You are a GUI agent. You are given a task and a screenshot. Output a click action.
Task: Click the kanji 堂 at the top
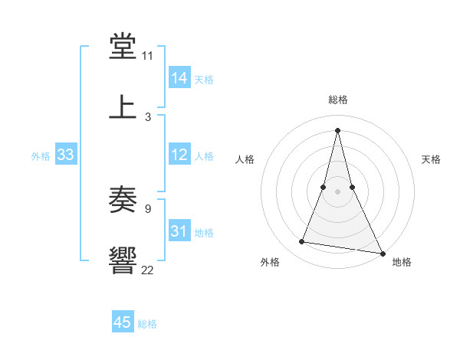(123, 47)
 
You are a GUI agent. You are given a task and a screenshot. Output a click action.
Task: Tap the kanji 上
(123, 106)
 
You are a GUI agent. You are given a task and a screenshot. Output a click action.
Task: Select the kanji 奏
(123, 201)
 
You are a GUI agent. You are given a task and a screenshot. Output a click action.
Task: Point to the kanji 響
(123, 260)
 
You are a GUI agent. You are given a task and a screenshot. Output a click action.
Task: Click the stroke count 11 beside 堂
(147, 57)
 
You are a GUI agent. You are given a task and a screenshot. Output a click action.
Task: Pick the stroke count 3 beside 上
(147, 116)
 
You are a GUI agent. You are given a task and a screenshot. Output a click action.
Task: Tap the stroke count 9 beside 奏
(147, 209)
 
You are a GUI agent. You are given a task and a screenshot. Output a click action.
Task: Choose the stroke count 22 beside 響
(147, 269)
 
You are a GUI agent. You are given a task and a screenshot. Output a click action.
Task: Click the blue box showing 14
(179, 78)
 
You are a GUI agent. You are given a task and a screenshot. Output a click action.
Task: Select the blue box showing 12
(179, 155)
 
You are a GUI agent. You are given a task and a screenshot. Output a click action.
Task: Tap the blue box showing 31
(179, 231)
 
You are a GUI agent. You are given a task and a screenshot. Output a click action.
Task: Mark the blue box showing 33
(66, 155)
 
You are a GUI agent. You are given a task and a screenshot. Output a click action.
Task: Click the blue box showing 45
(123, 322)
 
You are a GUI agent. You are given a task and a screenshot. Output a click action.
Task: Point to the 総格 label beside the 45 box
(147, 324)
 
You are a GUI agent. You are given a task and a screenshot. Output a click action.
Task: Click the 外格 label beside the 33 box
(41, 156)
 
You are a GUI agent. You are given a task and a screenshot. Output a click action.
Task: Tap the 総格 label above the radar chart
(338, 100)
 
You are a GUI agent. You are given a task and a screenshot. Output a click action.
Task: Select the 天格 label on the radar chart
(432, 159)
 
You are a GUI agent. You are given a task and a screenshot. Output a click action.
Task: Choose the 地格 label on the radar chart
(402, 262)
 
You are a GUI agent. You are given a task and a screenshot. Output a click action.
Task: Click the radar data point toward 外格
(302, 242)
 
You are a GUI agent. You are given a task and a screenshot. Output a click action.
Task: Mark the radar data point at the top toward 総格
(338, 129)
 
